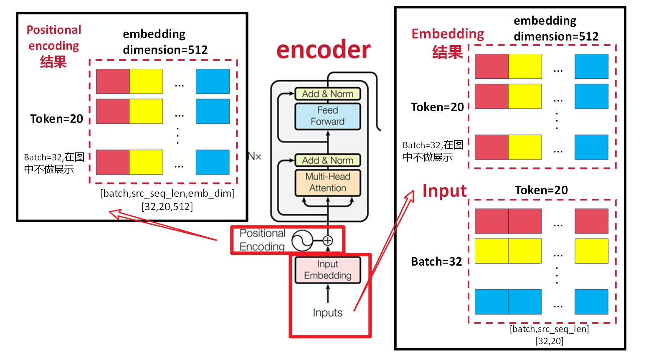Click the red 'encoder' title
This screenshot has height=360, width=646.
click(x=323, y=50)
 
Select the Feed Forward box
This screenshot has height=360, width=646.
click(x=327, y=116)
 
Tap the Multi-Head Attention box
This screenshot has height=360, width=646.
click(x=327, y=183)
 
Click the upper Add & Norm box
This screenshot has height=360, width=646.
click(x=327, y=94)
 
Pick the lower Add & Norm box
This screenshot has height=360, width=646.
click(x=327, y=160)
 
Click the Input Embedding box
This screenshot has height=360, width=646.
click(x=327, y=270)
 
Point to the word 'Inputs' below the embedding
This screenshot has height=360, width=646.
click(x=327, y=313)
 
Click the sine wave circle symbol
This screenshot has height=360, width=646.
click(x=302, y=241)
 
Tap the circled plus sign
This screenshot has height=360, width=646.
click(x=328, y=241)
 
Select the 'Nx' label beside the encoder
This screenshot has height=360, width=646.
click(x=254, y=157)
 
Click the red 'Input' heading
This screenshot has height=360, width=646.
click(x=444, y=191)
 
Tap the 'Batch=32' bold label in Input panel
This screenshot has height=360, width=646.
click(x=436, y=262)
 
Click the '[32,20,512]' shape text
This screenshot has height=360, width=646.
click(x=167, y=207)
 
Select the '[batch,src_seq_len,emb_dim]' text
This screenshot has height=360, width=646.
click(x=167, y=193)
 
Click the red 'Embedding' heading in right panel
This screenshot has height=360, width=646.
click(x=448, y=34)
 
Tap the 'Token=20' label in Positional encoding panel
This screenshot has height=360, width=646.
click(x=56, y=119)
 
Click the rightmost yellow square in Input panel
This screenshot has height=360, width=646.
click(x=591, y=251)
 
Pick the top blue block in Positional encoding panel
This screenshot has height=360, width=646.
click(x=213, y=81)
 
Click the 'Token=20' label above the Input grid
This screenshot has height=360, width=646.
click(x=541, y=190)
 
